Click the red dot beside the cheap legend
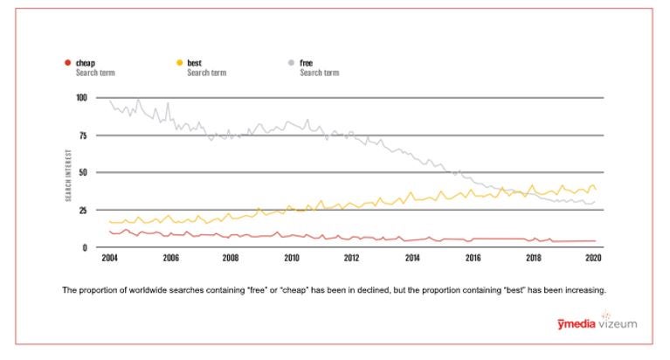(x=67, y=63)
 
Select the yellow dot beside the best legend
(x=179, y=63)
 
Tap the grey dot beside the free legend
(x=292, y=63)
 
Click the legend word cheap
(x=86, y=63)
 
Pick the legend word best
(x=195, y=63)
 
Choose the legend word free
(x=307, y=63)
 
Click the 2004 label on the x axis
(x=109, y=259)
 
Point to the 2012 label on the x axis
(x=352, y=259)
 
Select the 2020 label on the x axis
(x=594, y=259)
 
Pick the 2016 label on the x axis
(x=473, y=259)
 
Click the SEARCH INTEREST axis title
(x=68, y=173)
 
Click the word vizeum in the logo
(x=618, y=324)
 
